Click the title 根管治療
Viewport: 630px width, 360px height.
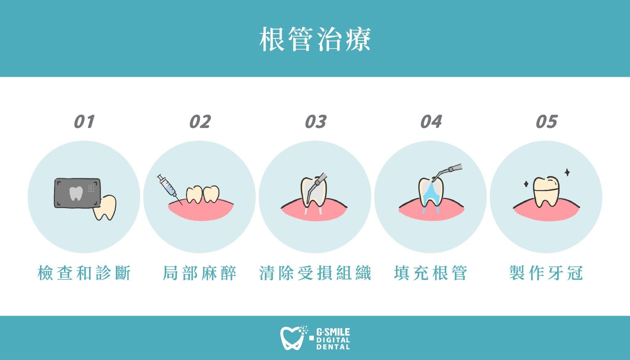click(315, 39)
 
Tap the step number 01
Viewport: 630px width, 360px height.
click(84, 122)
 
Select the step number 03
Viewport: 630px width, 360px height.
click(315, 122)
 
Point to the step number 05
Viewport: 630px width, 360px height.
click(546, 122)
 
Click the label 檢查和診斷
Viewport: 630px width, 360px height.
click(84, 273)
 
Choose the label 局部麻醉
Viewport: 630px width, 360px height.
click(199, 273)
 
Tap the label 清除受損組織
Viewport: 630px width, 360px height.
click(315, 273)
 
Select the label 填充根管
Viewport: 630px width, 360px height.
click(431, 273)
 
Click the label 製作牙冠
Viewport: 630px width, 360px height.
click(546, 273)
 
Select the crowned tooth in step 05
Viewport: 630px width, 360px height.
click(546, 192)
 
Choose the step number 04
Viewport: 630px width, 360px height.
click(431, 122)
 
